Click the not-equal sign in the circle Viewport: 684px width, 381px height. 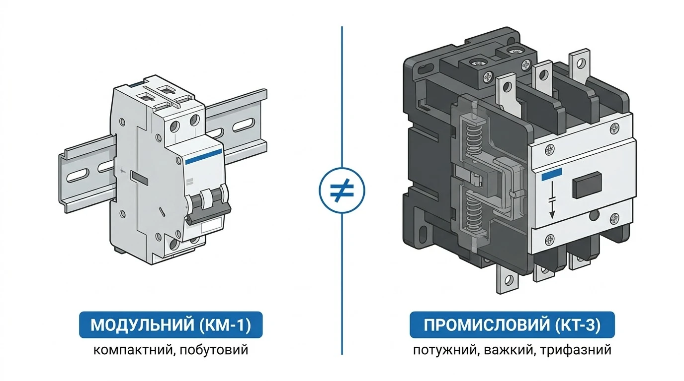click(x=342, y=190)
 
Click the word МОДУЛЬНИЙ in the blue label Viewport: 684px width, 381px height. click(x=142, y=325)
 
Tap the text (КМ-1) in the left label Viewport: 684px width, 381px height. click(x=225, y=325)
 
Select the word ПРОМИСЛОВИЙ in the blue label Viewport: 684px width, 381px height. click(x=487, y=325)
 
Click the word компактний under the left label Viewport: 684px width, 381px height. click(x=133, y=350)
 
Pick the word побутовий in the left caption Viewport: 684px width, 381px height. click(x=214, y=350)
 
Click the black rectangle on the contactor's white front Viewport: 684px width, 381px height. click(x=587, y=185)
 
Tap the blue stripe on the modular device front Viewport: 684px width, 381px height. click(x=203, y=157)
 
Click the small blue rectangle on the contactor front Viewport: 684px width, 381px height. click(x=551, y=173)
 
